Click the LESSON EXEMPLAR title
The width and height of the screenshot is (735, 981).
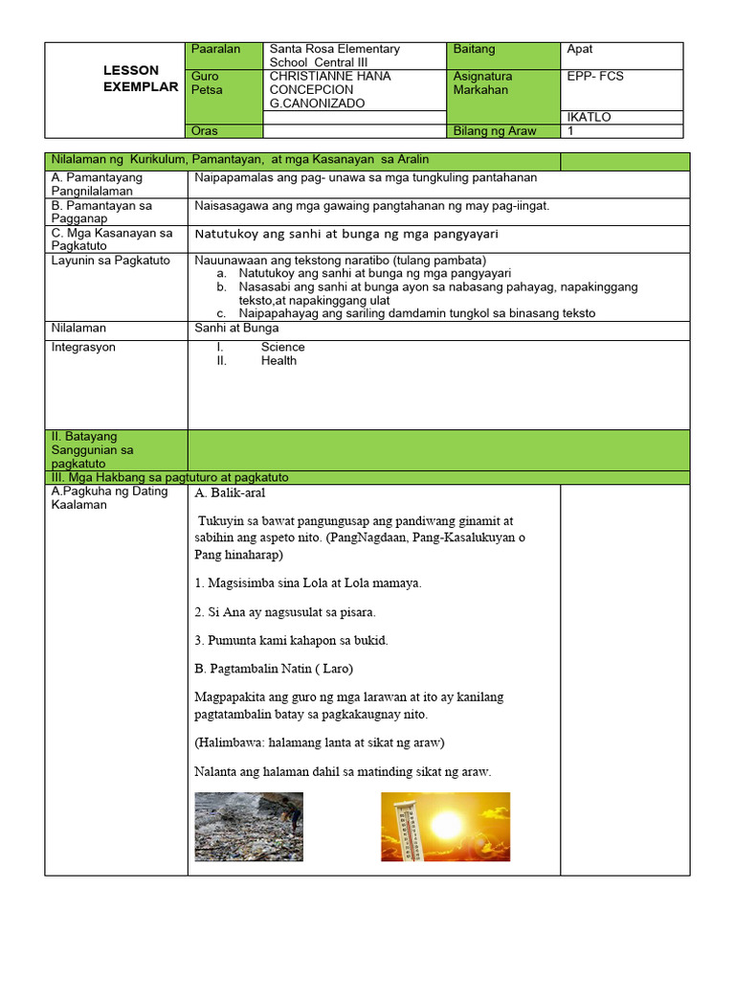coord(141,79)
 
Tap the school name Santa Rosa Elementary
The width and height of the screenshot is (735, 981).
coord(334,49)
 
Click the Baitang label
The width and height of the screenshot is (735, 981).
coord(476,49)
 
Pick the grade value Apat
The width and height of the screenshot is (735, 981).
coord(580,49)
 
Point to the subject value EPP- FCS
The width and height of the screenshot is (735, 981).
coord(594,76)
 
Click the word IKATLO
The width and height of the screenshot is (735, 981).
coord(589,118)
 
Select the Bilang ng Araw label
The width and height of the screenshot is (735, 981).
coord(495,131)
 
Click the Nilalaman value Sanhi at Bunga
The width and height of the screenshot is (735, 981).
coord(236,328)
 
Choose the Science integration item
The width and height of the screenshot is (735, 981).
coord(282,347)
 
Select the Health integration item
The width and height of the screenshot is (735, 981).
coord(278,361)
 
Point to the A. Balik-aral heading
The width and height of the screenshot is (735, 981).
coord(230,494)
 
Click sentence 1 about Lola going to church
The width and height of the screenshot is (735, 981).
coord(307,582)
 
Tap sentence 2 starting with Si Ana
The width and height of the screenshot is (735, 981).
coord(284,611)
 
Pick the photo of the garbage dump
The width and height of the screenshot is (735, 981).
coord(248,826)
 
